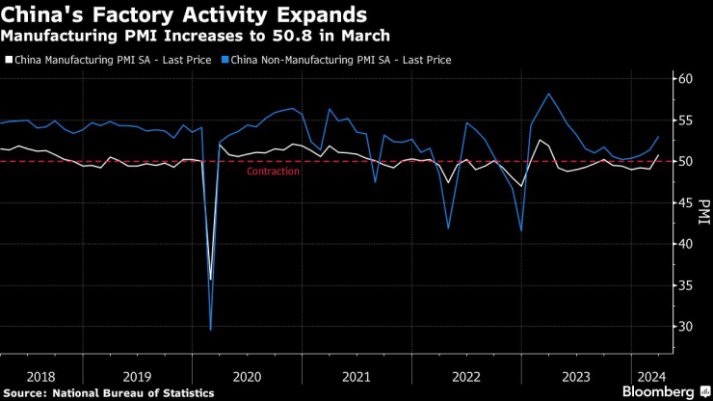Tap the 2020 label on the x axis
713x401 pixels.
248,376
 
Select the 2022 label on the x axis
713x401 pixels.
466,376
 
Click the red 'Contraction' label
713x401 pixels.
273,172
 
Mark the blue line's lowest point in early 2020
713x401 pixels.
211,330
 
